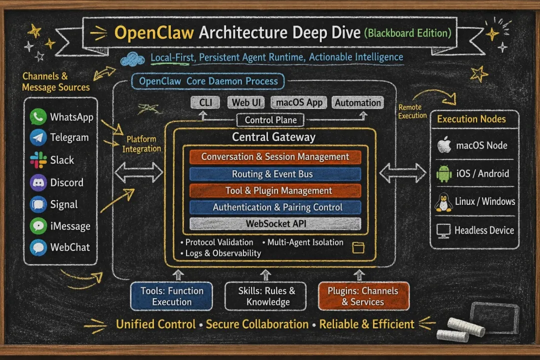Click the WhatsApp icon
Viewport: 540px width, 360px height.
[x=38, y=117]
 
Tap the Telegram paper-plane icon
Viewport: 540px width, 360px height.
[x=38, y=137]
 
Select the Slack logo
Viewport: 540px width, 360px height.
[x=38, y=160]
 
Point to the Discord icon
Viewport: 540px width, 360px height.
[x=38, y=182]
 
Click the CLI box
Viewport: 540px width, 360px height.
[x=205, y=102]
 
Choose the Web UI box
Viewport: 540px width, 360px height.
[x=246, y=102]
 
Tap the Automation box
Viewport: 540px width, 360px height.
[x=357, y=102]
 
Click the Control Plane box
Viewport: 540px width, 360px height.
[x=270, y=120]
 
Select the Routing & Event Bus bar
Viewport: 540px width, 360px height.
[x=275, y=174]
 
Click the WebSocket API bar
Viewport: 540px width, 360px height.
[x=275, y=223]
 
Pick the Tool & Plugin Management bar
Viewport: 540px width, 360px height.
[x=275, y=190]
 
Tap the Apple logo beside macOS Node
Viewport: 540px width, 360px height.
[x=444, y=144]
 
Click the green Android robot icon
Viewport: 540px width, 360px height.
[x=444, y=173]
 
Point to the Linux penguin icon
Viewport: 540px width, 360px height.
[x=443, y=202]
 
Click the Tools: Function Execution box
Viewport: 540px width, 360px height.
[x=171, y=296]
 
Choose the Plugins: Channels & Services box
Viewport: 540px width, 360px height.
[x=363, y=296]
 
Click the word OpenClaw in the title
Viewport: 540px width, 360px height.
[x=154, y=33]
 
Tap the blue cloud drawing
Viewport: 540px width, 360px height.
[x=132, y=59]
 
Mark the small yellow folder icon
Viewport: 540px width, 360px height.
[x=358, y=247]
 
